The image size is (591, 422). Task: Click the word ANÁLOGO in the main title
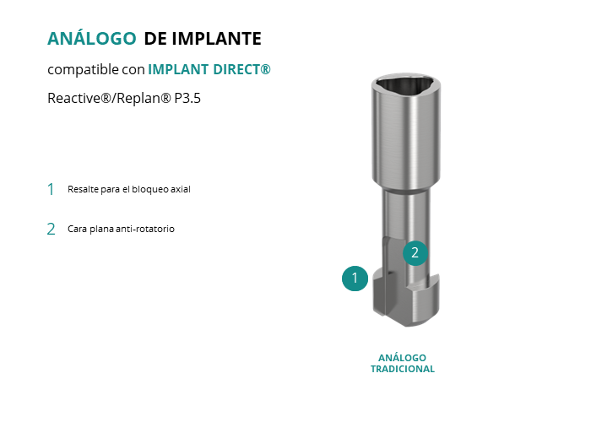pos(91,38)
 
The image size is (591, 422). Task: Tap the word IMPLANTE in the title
pos(217,39)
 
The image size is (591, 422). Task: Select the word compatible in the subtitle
pos(83,70)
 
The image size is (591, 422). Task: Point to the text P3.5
pos(187,99)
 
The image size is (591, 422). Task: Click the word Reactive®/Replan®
pos(109,99)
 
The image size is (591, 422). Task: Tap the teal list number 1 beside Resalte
pos(51,189)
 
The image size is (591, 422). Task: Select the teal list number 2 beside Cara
pos(51,229)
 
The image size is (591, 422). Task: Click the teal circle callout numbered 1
pos(355,279)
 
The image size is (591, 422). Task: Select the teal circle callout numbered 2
pos(415,253)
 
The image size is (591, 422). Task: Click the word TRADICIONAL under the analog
pos(403,369)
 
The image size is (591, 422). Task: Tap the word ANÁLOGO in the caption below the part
pos(402,358)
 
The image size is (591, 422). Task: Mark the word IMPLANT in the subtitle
pos(178,69)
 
